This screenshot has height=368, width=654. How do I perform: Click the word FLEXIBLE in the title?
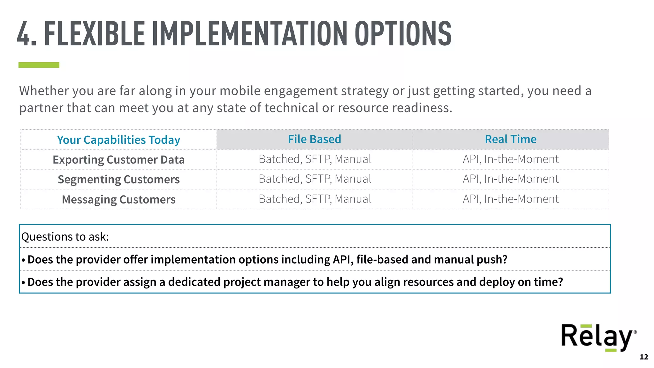pyautogui.click(x=95, y=34)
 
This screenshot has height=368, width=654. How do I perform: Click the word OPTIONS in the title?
pyautogui.click(x=403, y=34)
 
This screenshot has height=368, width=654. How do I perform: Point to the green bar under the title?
pyautogui.click(x=39, y=65)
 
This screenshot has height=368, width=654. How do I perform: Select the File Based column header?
pyautogui.click(x=315, y=139)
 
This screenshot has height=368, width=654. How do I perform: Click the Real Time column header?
pyautogui.click(x=510, y=139)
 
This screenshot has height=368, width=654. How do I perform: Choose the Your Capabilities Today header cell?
pyautogui.click(x=118, y=140)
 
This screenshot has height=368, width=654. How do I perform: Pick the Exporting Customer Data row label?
pyautogui.click(x=118, y=159)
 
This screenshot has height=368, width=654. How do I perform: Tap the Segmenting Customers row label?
pyautogui.click(x=118, y=179)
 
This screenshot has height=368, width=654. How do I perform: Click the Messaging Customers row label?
pyautogui.click(x=118, y=199)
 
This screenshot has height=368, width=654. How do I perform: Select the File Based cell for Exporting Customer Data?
pyautogui.click(x=315, y=159)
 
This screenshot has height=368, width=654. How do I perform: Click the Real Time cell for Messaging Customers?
pyautogui.click(x=510, y=199)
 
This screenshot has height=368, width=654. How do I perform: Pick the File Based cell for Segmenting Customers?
pyautogui.click(x=315, y=179)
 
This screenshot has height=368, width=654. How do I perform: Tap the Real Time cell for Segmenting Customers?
pyautogui.click(x=510, y=179)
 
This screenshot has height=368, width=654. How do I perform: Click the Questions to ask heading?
pyautogui.click(x=65, y=237)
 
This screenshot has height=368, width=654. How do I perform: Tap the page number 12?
pyautogui.click(x=644, y=357)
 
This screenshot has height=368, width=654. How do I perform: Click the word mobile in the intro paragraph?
pyautogui.click(x=240, y=91)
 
